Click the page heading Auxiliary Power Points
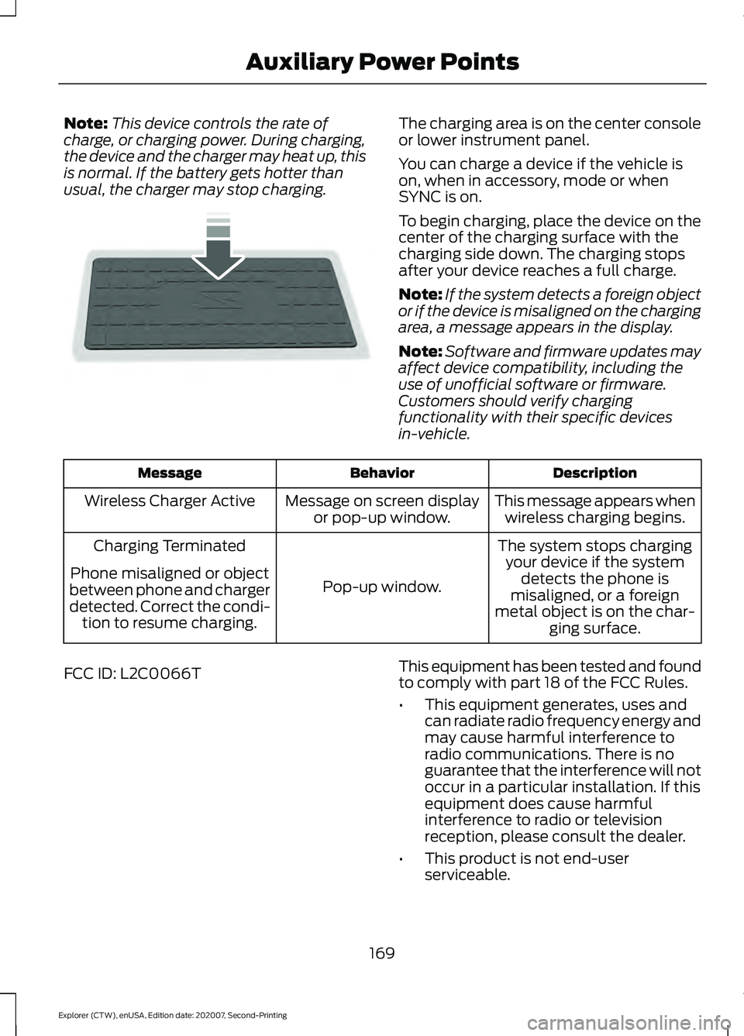382,62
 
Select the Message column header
170,473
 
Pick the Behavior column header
382,473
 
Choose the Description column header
594,473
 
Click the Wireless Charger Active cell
170,501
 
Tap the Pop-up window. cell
382,587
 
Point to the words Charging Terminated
170,546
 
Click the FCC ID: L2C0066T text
133,674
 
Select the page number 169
382,953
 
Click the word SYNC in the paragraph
419,197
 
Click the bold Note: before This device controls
85,124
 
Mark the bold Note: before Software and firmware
420,352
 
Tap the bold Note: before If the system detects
420,295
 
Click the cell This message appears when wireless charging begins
594,510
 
